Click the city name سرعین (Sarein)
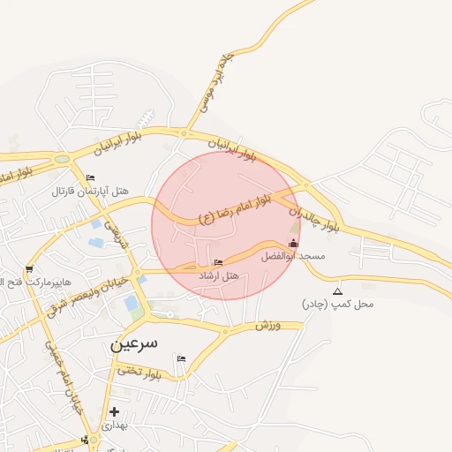134,343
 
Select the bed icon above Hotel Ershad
219,262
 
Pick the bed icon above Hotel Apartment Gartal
90,177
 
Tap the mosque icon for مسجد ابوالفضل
294,243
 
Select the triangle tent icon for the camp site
336,290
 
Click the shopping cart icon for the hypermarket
29,269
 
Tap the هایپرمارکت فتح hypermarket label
34,282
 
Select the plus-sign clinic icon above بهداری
114,411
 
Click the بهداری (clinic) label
114,425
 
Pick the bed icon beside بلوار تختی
181,358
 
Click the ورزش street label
267,326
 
